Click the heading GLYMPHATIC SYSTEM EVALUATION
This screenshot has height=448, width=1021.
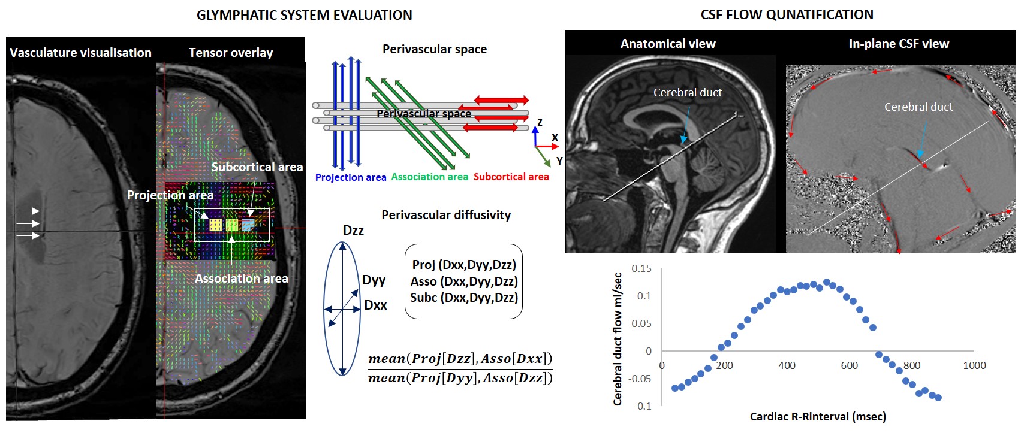tap(304, 16)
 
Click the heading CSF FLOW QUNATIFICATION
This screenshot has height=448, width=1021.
tap(787, 15)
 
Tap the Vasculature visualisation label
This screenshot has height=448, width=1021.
tap(80, 53)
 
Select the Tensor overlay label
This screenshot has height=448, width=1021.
tap(231, 53)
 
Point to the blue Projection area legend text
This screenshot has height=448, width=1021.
tap(351, 177)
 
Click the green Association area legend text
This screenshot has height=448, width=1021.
tap(429, 177)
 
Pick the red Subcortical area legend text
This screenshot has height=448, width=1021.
tap(511, 177)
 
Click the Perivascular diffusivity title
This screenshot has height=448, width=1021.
tap(446, 215)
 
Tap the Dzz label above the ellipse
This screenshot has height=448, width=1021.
tap(353, 231)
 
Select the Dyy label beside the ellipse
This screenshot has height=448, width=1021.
tap(374, 280)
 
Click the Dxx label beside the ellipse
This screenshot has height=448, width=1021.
tap(375, 305)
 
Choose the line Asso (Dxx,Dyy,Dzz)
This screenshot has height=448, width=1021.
tap(463, 281)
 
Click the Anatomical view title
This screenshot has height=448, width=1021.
tap(668, 44)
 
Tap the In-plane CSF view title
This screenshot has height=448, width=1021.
tap(899, 44)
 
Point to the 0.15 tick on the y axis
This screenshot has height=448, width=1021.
tap(641, 268)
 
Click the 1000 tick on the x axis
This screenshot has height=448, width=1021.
tap(974, 365)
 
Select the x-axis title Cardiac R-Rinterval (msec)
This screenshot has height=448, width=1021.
tap(818, 416)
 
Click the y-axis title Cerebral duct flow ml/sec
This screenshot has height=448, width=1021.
tap(618, 339)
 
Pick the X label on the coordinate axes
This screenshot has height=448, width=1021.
tap(555, 138)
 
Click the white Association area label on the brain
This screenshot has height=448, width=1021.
tap(241, 279)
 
